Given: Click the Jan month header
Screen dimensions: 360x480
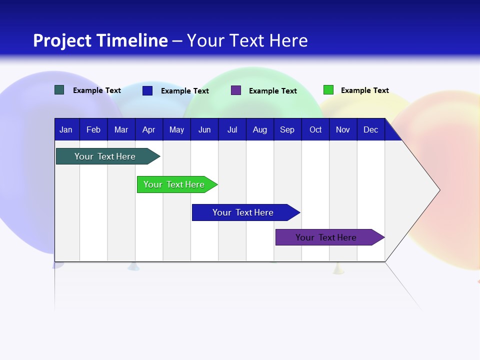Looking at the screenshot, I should [x=66, y=129].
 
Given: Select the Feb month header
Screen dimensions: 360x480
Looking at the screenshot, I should [x=93, y=129].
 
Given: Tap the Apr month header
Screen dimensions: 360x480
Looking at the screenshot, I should [x=148, y=129].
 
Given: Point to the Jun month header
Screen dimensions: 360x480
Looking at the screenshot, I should [x=204, y=129].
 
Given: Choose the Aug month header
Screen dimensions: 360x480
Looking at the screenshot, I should [x=259, y=129].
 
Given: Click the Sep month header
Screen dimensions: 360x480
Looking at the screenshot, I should [x=287, y=129].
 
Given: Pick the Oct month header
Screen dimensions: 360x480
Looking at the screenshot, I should [x=315, y=129].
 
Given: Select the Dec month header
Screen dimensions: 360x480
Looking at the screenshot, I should [x=370, y=129].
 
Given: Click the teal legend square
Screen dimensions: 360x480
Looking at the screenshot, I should [x=59, y=90].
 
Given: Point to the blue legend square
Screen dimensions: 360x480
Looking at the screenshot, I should [x=147, y=90].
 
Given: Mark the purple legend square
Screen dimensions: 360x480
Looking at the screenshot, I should [x=236, y=90].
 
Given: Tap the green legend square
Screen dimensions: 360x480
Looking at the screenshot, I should [x=328, y=90].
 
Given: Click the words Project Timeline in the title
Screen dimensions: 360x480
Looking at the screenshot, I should [x=100, y=40].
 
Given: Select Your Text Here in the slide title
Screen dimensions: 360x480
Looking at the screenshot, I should [x=247, y=40].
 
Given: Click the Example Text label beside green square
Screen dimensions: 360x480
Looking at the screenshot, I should [x=364, y=90].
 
